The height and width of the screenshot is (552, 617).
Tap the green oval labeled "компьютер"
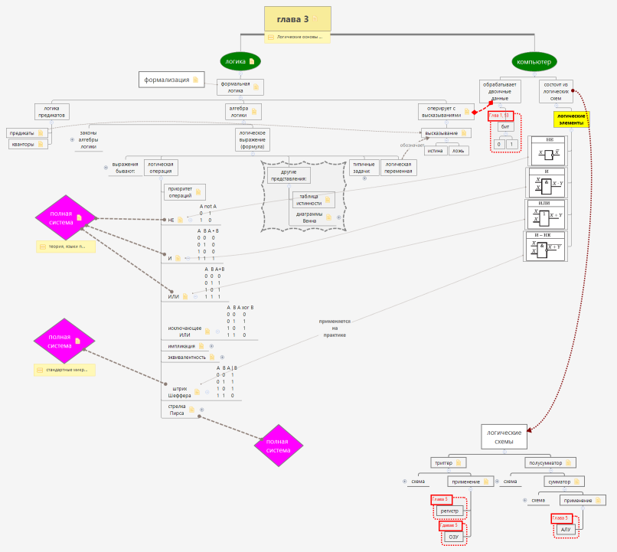(534, 61)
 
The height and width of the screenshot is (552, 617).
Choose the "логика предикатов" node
(51, 112)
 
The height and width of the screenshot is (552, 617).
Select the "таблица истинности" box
(310, 199)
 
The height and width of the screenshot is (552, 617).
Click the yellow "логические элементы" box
(570, 119)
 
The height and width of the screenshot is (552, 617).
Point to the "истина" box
(435, 151)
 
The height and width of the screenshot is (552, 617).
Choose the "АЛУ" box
(566, 529)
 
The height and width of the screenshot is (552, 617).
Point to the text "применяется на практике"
(333, 328)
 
